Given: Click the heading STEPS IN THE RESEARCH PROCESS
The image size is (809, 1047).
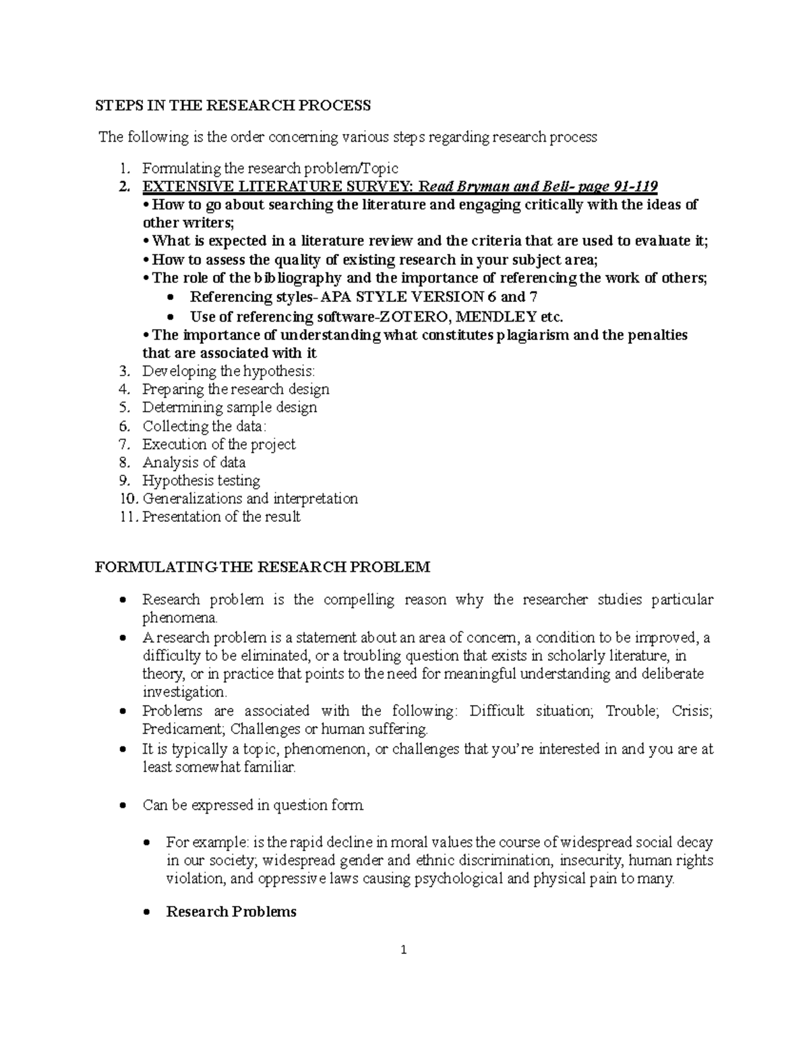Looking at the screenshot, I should pos(233,105).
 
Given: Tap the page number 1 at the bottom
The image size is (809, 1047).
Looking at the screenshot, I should pos(404,951).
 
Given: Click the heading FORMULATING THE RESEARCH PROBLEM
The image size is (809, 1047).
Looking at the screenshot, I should pos(262,567).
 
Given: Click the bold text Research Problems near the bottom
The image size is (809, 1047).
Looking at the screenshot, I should pos(231,911).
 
